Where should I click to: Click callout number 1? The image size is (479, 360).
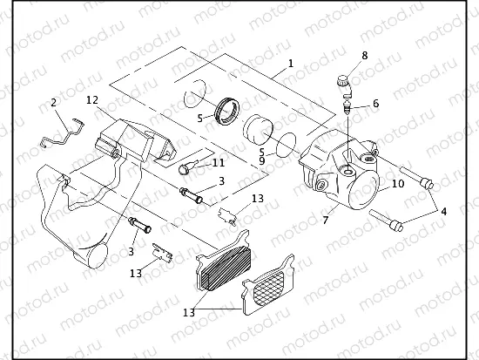coord(290,64)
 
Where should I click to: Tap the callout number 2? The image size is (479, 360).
coord(54,103)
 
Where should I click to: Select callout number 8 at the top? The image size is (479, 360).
coord(364,55)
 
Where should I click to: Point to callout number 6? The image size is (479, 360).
coord(375,104)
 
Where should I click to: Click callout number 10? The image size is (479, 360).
coord(398,184)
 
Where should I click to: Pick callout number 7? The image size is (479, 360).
coord(325,221)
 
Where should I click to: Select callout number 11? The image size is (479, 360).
coord(218,162)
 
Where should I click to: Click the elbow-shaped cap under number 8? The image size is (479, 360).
coord(343,85)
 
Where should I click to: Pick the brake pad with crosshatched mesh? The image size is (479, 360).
coord(273,289)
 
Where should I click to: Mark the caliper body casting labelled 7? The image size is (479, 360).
coord(341,174)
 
